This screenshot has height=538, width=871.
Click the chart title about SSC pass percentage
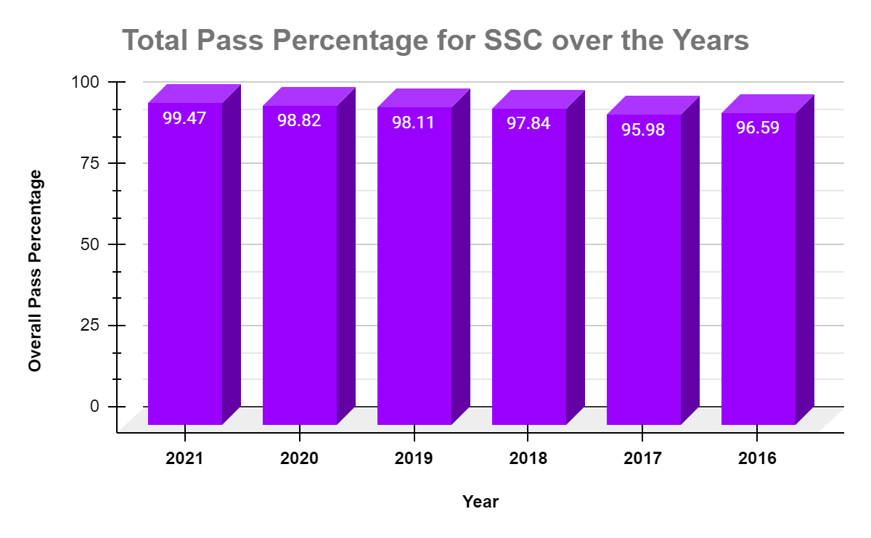[x=435, y=41]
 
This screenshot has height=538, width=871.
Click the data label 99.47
[x=184, y=118]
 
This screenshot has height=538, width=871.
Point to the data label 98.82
[x=299, y=120]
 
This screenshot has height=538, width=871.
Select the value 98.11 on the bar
[x=414, y=123]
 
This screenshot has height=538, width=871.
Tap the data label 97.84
[x=528, y=123]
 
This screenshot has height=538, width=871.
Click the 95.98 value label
[x=643, y=130]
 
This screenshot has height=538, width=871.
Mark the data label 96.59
[x=758, y=128]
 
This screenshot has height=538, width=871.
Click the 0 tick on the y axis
[x=95, y=406]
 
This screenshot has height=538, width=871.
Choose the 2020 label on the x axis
[x=299, y=459]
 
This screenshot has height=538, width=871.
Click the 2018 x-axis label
[x=528, y=459]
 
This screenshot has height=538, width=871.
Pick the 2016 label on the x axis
[x=758, y=459]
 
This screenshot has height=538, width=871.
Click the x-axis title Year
[x=481, y=502]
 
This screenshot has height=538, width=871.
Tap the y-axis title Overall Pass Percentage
[x=36, y=270]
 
